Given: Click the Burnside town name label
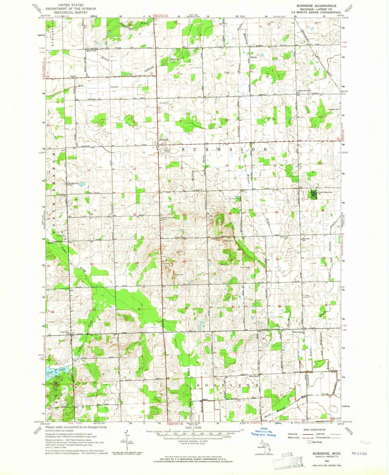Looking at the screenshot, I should point(163,140).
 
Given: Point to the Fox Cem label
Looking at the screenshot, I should point(162,103).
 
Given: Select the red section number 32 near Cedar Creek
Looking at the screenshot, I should point(139,309).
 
